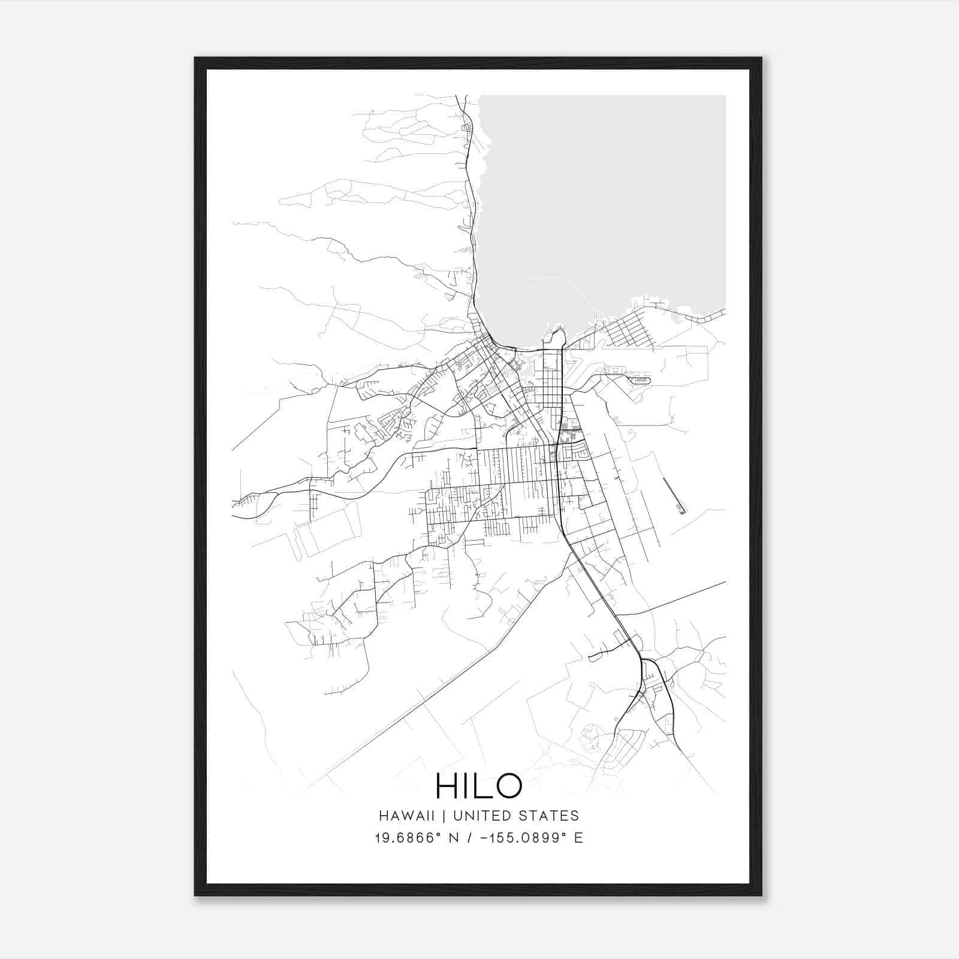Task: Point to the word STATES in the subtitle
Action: pyautogui.click(x=550, y=816)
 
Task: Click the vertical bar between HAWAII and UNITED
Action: pyautogui.click(x=448, y=816)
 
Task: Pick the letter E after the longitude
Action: pyautogui.click(x=578, y=838)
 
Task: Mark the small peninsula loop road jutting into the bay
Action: pyautogui.click(x=558, y=336)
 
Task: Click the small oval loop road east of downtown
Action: pyautogui.click(x=639, y=380)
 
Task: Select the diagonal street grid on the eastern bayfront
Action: pyautogui.click(x=627, y=330)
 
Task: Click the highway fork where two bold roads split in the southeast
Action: pyautogui.click(x=643, y=659)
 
